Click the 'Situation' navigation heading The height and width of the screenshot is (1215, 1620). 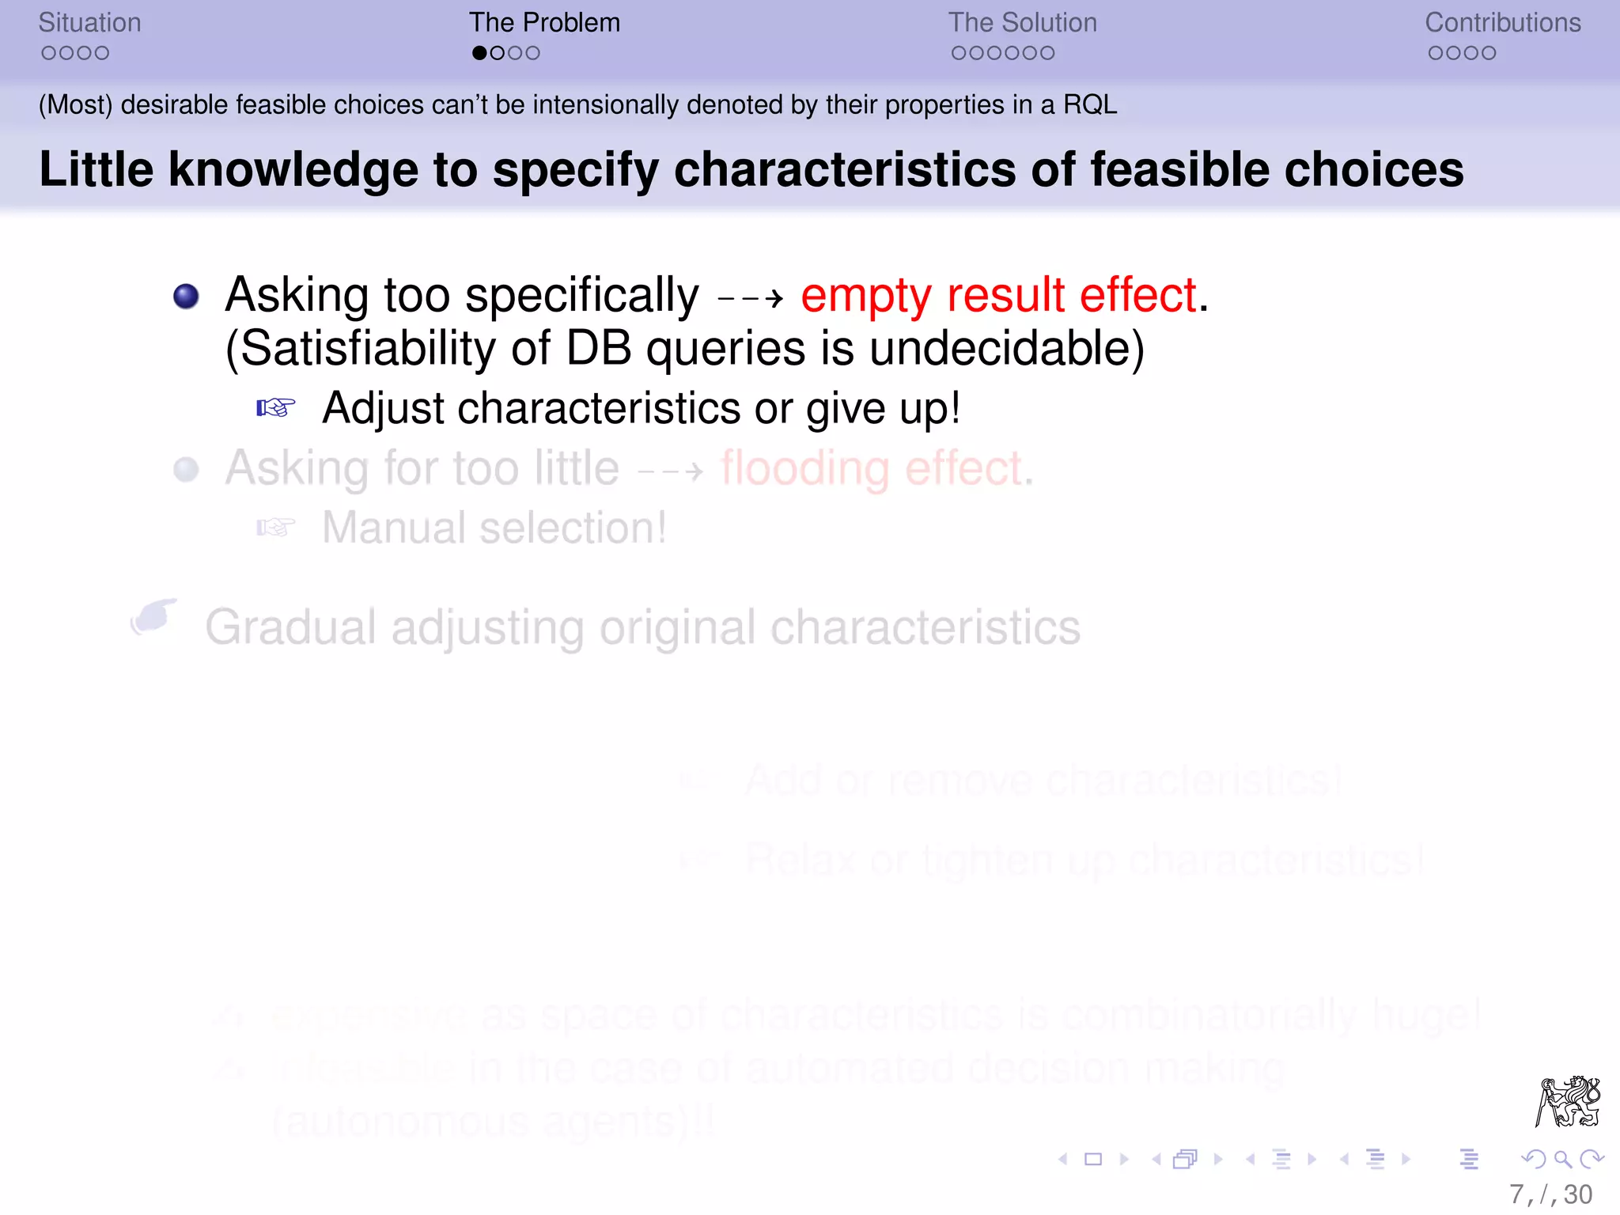click(x=89, y=23)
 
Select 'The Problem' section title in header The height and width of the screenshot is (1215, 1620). click(x=544, y=23)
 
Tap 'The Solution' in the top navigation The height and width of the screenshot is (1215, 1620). click(x=1022, y=23)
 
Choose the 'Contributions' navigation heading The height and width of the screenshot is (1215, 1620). click(x=1502, y=23)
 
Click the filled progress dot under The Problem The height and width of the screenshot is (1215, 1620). click(x=479, y=54)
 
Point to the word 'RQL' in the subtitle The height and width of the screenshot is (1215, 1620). click(x=1089, y=105)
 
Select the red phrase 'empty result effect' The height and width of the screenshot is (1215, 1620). click(x=998, y=296)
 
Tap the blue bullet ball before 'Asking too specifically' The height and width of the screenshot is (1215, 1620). click(x=186, y=297)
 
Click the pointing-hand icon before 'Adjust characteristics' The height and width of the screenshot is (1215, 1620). click(x=275, y=408)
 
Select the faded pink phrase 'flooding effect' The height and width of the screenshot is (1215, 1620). click(x=871, y=468)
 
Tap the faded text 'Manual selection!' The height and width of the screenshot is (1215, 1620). click(x=494, y=528)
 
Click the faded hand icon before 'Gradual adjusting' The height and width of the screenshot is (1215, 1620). click(x=153, y=617)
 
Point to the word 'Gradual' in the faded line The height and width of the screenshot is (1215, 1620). click(x=290, y=628)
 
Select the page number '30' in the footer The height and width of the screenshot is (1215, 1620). click(x=1577, y=1194)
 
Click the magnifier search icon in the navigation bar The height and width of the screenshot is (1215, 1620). click(x=1561, y=1160)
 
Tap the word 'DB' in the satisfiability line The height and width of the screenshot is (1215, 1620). click(x=599, y=349)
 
